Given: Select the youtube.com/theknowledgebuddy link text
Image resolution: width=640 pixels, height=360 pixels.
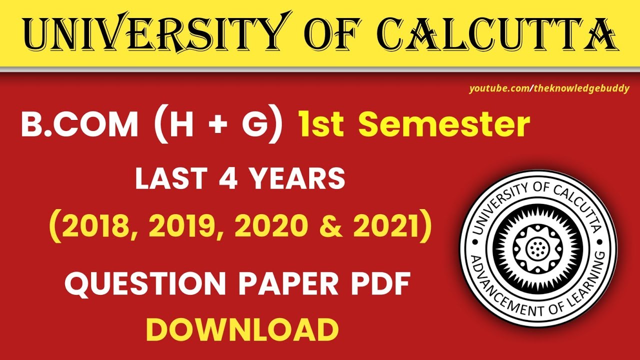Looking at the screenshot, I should click(x=548, y=89).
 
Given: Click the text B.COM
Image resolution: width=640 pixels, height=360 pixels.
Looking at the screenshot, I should click(x=79, y=125).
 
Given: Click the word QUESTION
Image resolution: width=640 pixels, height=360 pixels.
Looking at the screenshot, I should click(x=146, y=284).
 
